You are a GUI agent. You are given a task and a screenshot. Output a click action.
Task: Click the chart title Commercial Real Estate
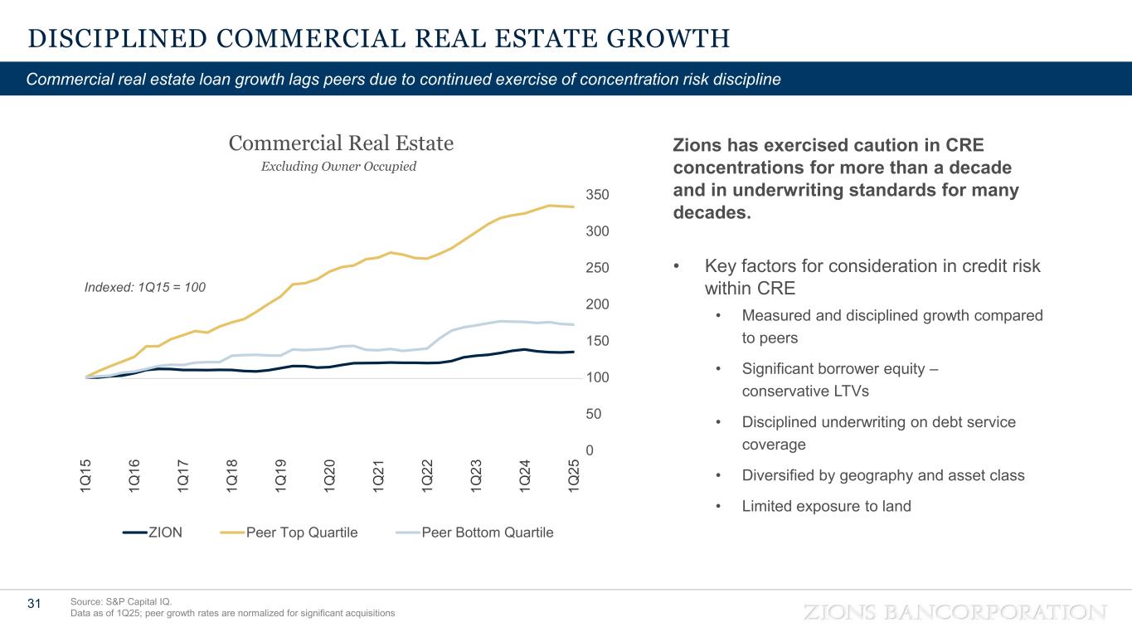tap(341, 143)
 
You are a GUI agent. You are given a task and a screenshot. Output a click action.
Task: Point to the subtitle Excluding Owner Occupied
tap(338, 167)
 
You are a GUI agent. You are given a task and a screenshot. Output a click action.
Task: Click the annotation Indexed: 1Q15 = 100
tap(145, 287)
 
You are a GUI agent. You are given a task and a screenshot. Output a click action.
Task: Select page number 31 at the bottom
tap(34, 604)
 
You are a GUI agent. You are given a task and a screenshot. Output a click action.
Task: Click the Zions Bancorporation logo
tap(955, 612)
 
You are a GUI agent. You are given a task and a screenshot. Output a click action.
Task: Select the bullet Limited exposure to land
tap(826, 506)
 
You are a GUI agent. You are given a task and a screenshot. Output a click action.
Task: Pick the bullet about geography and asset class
tap(883, 475)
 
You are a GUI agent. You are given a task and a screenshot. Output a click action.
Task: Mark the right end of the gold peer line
tap(574, 207)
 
